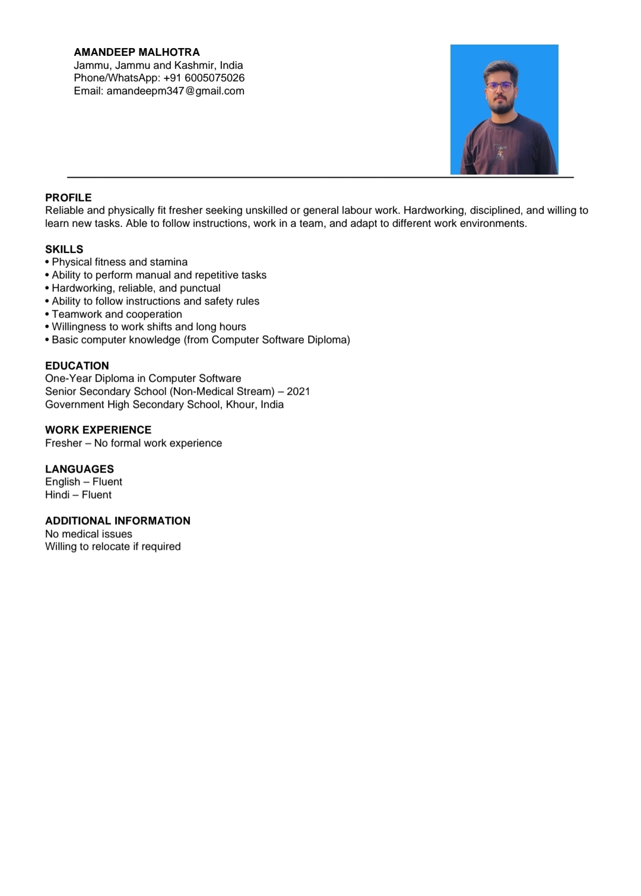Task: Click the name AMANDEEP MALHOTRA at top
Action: click(x=137, y=52)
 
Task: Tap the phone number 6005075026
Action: click(x=214, y=78)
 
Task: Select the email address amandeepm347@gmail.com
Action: click(x=175, y=91)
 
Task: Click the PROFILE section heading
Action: click(x=68, y=197)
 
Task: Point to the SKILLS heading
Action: click(x=64, y=249)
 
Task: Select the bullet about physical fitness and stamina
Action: click(x=119, y=262)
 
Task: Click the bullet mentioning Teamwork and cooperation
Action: click(x=116, y=314)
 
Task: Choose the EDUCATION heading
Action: click(x=77, y=365)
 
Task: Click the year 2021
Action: click(x=298, y=392)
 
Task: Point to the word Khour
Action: click(x=240, y=405)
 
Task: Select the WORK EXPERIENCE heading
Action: click(x=98, y=430)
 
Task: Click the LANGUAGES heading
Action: click(x=80, y=469)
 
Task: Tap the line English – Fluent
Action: click(x=84, y=482)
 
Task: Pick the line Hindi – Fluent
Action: click(x=78, y=495)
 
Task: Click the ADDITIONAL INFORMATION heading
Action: click(x=118, y=520)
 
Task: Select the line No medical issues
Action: click(x=88, y=534)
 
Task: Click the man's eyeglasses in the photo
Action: click(x=499, y=86)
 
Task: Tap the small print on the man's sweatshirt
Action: click(x=501, y=152)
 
